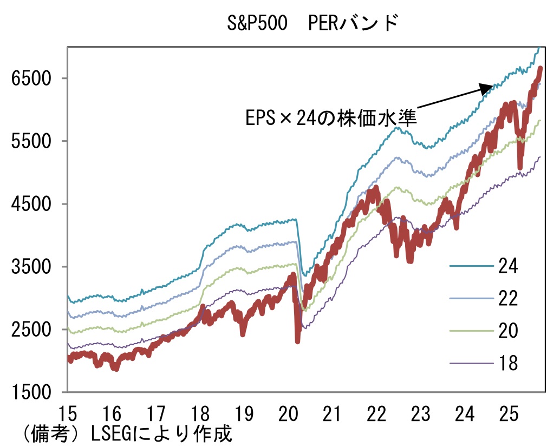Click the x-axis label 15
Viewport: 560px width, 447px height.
68,415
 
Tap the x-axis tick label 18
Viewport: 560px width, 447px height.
200,415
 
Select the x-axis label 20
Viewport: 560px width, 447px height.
289,415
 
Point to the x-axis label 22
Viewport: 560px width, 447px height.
377,415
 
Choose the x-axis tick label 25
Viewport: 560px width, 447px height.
510,415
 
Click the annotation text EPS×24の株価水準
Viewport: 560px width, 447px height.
331,117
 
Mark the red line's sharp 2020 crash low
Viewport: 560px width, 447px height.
297,340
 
